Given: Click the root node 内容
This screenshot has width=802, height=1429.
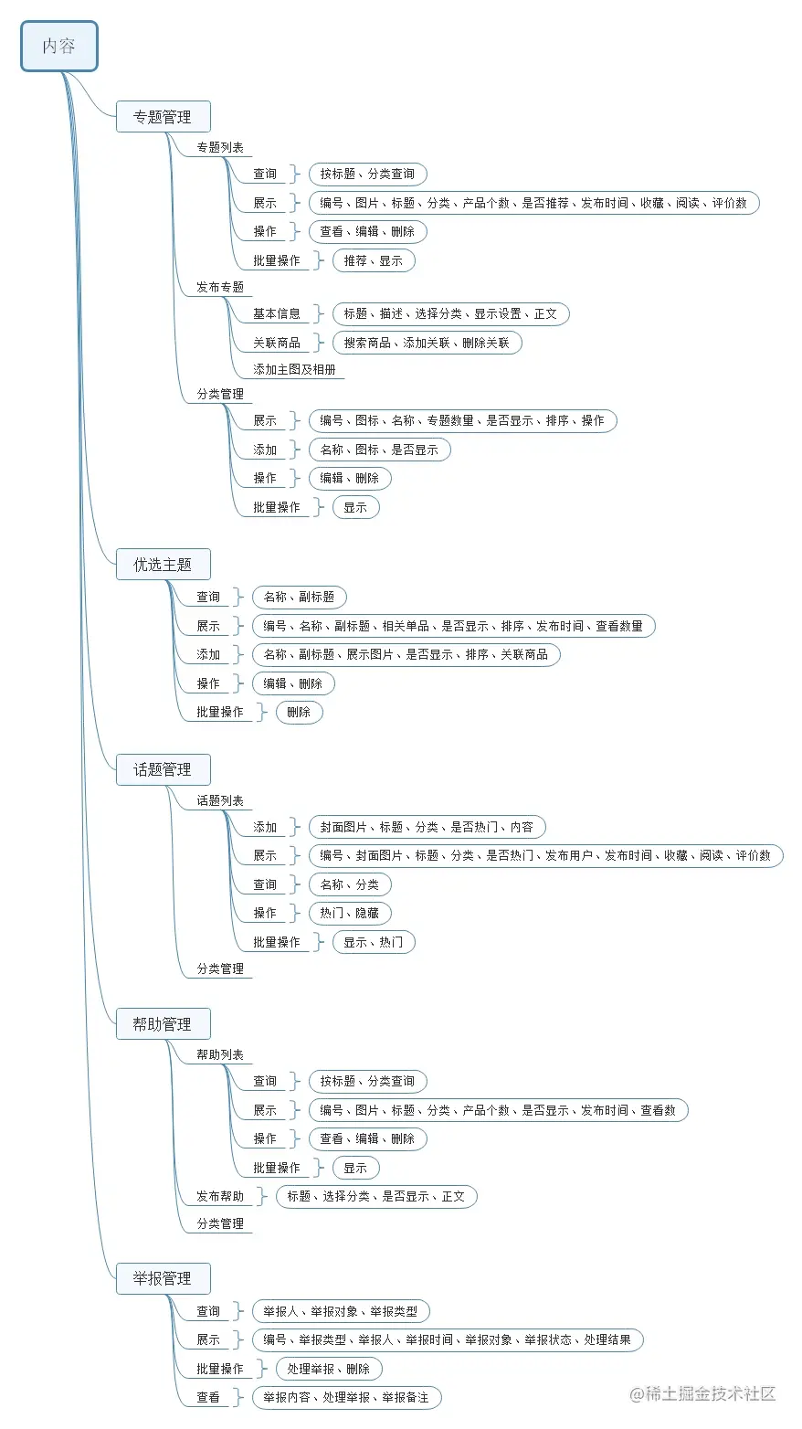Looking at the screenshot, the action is click(59, 46).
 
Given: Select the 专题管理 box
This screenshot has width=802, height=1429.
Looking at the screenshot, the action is click(163, 117).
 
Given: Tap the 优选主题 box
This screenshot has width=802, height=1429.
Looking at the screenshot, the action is click(163, 565).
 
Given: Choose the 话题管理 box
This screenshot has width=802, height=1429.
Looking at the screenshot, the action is click(163, 769).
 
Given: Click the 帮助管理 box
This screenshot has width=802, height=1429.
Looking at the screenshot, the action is click(163, 1024).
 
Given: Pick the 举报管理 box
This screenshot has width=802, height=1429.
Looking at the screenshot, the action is click(163, 1278).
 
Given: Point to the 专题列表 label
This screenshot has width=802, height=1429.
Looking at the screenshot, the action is click(220, 147).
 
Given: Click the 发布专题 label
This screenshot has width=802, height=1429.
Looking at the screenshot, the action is click(220, 287).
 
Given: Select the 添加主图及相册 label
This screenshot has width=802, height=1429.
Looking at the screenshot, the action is click(294, 369).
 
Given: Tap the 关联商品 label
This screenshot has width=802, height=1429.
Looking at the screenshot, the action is click(276, 343).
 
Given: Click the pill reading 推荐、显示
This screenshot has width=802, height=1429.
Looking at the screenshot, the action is click(374, 260).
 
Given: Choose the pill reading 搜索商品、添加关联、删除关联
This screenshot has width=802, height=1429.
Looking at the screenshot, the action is click(427, 343).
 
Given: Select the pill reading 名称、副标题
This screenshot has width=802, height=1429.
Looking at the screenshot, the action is click(300, 598).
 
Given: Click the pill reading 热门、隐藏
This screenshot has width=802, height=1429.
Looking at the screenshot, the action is click(350, 913).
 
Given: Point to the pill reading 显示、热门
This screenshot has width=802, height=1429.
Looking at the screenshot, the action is click(374, 942).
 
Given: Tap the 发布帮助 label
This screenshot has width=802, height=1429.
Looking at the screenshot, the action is click(220, 1196).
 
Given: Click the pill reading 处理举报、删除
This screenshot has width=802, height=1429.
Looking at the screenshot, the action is click(329, 1369).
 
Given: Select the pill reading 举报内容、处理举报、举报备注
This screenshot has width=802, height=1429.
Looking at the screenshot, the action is click(346, 1397).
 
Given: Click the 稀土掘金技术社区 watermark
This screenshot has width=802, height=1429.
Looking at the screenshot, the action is click(702, 1394).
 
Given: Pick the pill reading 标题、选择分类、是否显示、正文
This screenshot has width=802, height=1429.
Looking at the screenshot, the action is click(376, 1196).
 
